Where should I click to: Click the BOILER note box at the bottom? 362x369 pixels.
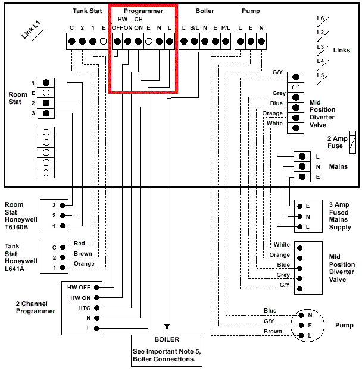[166, 350]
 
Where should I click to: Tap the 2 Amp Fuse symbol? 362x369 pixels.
[353, 142]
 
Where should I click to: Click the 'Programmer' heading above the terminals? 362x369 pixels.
[143, 11]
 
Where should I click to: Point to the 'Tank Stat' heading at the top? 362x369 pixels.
[88, 11]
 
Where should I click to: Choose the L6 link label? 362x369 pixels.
[320, 18]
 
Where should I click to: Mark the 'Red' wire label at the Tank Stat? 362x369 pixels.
[80, 244]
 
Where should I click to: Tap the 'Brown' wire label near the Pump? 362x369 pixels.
[273, 332]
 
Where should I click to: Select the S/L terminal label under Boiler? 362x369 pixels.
[194, 28]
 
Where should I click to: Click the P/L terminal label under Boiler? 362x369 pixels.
[226, 28]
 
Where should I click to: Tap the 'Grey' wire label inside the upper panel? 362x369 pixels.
[279, 93]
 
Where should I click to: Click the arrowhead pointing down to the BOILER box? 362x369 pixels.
[167, 326]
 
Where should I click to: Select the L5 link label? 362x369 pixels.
[320, 75]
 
